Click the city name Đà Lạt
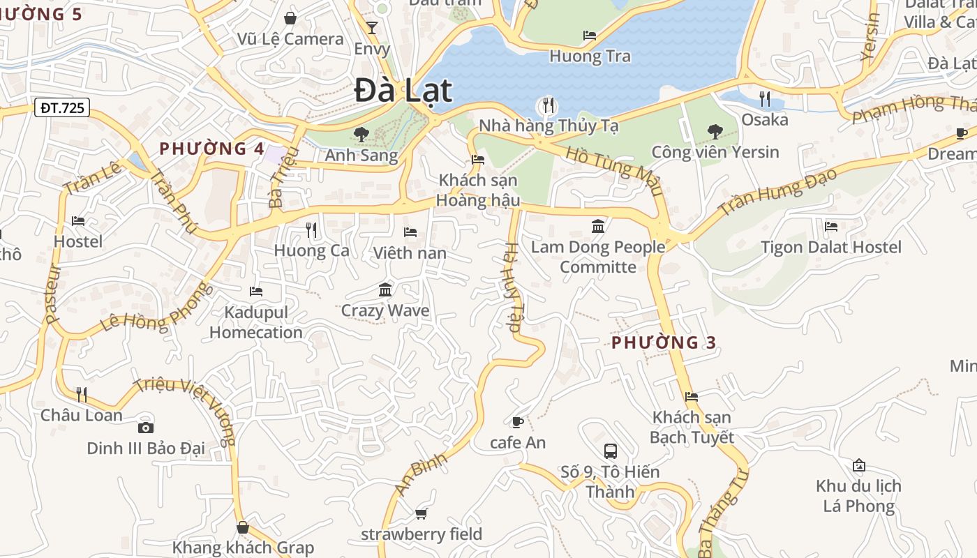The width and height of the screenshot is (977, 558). click(x=403, y=91)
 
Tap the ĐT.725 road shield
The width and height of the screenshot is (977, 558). click(x=62, y=107)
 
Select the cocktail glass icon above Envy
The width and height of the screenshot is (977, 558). click(x=371, y=28)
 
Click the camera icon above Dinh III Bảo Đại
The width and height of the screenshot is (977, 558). click(x=146, y=428)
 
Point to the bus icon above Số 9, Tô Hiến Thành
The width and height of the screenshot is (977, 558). click(x=610, y=451)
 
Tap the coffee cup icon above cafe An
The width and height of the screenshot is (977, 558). click(x=517, y=422)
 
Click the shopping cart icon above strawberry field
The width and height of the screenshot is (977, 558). click(x=421, y=514)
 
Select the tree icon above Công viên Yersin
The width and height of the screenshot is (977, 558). click(x=715, y=131)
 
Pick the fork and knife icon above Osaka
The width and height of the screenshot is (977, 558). click(x=765, y=99)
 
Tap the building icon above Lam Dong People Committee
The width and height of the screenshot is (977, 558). click(x=598, y=226)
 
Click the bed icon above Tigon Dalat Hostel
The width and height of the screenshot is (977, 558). click(x=830, y=226)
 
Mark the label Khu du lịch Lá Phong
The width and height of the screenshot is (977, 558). click(x=858, y=496)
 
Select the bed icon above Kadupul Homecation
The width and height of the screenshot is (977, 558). click(x=256, y=291)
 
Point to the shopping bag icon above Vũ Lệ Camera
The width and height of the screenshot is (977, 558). click(x=290, y=18)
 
